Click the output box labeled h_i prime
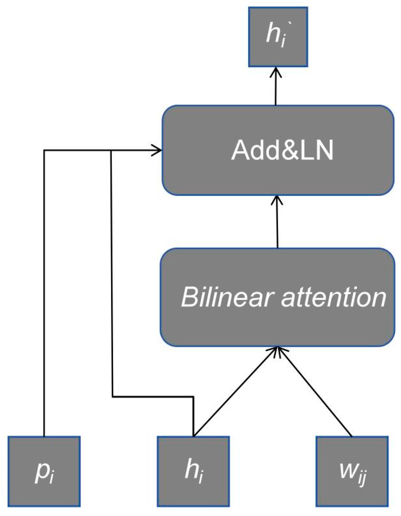(278, 37)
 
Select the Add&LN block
(278, 150)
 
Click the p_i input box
(44, 471)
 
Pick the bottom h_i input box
(193, 471)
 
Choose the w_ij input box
(352, 471)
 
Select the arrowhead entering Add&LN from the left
(157, 151)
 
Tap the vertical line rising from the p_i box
(44, 293)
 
